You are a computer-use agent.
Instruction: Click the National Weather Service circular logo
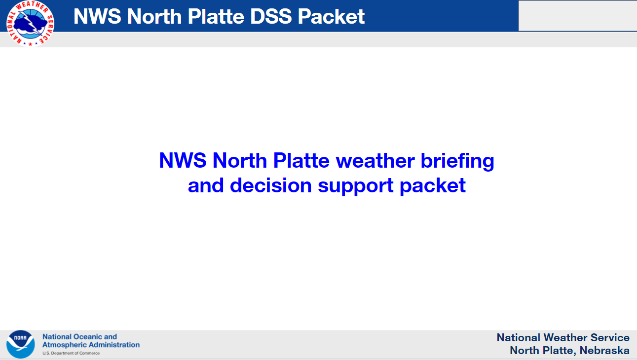[x=30, y=23]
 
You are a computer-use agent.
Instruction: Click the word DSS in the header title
[x=271, y=16]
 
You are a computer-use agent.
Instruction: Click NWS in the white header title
[x=97, y=16]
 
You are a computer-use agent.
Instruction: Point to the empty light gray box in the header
[x=578, y=16]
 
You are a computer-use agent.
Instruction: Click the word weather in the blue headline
[x=375, y=161]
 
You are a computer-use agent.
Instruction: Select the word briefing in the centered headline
[x=457, y=161]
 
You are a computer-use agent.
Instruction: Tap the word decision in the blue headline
[x=271, y=185]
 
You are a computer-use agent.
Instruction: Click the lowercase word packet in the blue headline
[x=433, y=186]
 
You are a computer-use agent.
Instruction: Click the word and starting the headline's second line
[x=206, y=185]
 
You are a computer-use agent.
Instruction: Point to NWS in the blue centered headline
[x=183, y=161]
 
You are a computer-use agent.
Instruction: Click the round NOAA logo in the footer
[x=20, y=344]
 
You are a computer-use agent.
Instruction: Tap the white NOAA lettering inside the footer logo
[x=20, y=338]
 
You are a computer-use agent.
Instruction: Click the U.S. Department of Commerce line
[x=71, y=353]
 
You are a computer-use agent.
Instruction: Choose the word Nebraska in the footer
[x=604, y=350]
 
